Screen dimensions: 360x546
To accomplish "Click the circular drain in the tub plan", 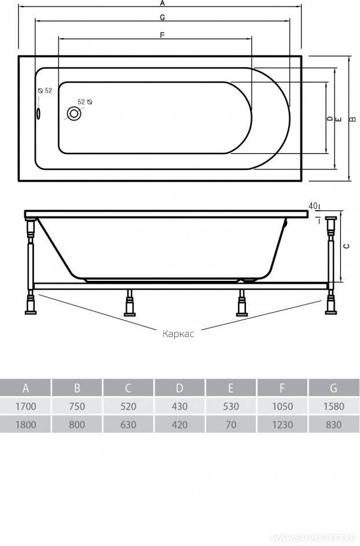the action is pyautogui.click(x=74, y=113).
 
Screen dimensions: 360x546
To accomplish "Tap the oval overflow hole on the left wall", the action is pyautogui.click(x=39, y=113).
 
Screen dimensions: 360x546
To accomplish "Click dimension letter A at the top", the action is pyautogui.click(x=162, y=3).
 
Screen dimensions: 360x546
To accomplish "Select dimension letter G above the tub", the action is pyautogui.click(x=162, y=17).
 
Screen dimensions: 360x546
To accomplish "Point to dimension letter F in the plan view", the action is pyautogui.click(x=162, y=35).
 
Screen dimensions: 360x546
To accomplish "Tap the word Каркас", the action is pyautogui.click(x=178, y=334).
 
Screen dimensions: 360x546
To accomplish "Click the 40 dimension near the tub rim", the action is pyautogui.click(x=313, y=206).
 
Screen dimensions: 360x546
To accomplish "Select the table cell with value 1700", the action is pyautogui.click(x=26, y=406).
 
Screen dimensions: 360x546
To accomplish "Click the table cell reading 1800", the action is pyautogui.click(x=26, y=424).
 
